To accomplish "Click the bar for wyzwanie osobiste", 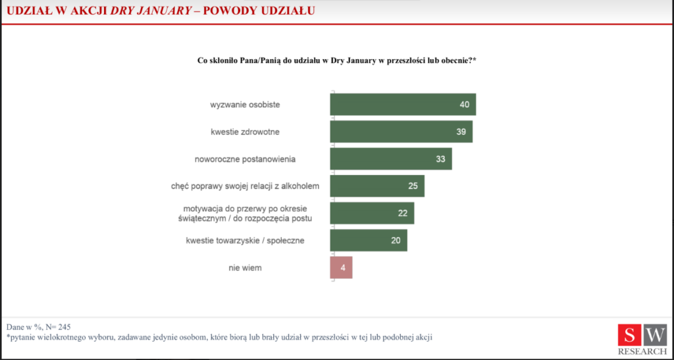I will click(x=402, y=105).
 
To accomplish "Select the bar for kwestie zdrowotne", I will click(x=401, y=132).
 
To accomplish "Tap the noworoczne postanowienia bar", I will click(x=390, y=159).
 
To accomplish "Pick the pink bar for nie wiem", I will click(x=341, y=268).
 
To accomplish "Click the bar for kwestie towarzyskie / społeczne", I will click(x=368, y=240).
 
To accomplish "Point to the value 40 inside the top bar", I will click(x=465, y=105).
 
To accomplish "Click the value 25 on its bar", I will click(x=413, y=186).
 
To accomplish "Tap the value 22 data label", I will click(x=402, y=213).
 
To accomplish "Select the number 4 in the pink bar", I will click(x=342, y=268).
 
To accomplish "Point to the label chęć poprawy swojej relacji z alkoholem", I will click(x=245, y=186).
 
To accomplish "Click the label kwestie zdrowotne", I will click(x=245, y=132).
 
